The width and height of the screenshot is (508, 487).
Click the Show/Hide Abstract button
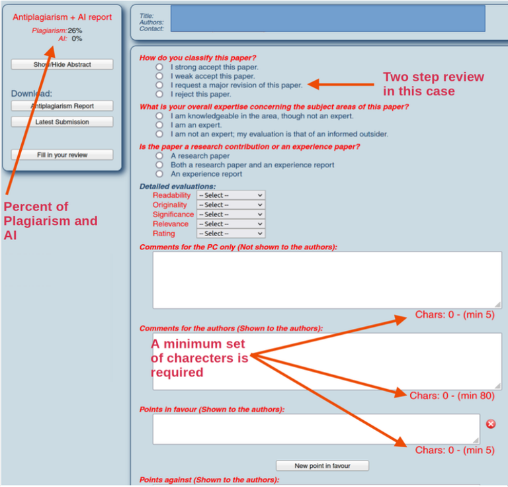click(62, 65)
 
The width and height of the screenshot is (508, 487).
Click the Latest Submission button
click(62, 122)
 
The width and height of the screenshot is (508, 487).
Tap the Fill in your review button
click(62, 155)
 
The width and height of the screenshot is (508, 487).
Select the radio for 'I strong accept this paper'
click(159, 67)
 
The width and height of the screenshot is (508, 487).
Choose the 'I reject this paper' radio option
click(159, 94)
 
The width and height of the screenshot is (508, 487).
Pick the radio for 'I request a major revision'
click(159, 85)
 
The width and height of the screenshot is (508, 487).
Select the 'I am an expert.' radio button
click(159, 124)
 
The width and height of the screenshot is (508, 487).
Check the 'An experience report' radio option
click(159, 174)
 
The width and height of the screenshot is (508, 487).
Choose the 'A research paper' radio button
click(159, 155)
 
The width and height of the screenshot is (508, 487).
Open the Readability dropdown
click(230, 195)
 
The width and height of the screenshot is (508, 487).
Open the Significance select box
click(230, 214)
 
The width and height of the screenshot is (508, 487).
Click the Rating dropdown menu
click(230, 234)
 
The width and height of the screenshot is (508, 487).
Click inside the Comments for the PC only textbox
click(327, 280)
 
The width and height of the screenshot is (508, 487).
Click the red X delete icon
click(491, 423)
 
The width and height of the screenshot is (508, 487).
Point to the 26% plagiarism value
click(75, 30)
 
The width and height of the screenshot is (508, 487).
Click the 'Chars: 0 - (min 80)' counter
click(452, 396)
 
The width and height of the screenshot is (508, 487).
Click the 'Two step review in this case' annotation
click(433, 84)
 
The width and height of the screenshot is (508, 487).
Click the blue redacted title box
click(327, 19)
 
